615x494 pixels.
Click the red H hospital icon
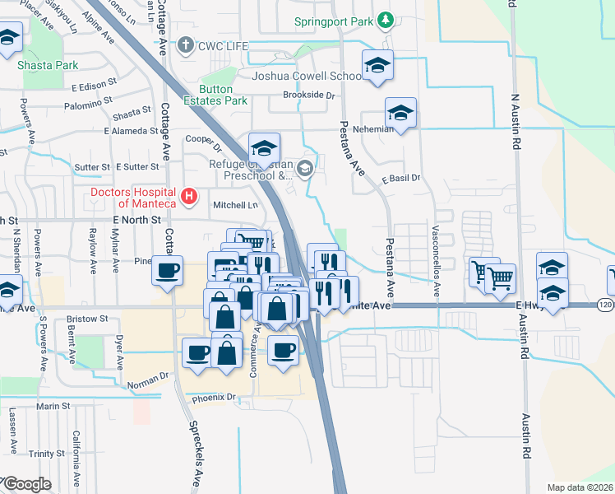[190, 197]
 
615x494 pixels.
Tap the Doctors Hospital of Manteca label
[133, 198]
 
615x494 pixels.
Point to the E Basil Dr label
[401, 178]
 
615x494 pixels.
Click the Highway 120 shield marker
[605, 305]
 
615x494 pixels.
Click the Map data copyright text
[580, 487]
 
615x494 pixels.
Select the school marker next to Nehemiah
[400, 113]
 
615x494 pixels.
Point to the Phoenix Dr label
[214, 398]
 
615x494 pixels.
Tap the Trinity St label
[46, 454]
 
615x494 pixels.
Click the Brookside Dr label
[309, 96]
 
